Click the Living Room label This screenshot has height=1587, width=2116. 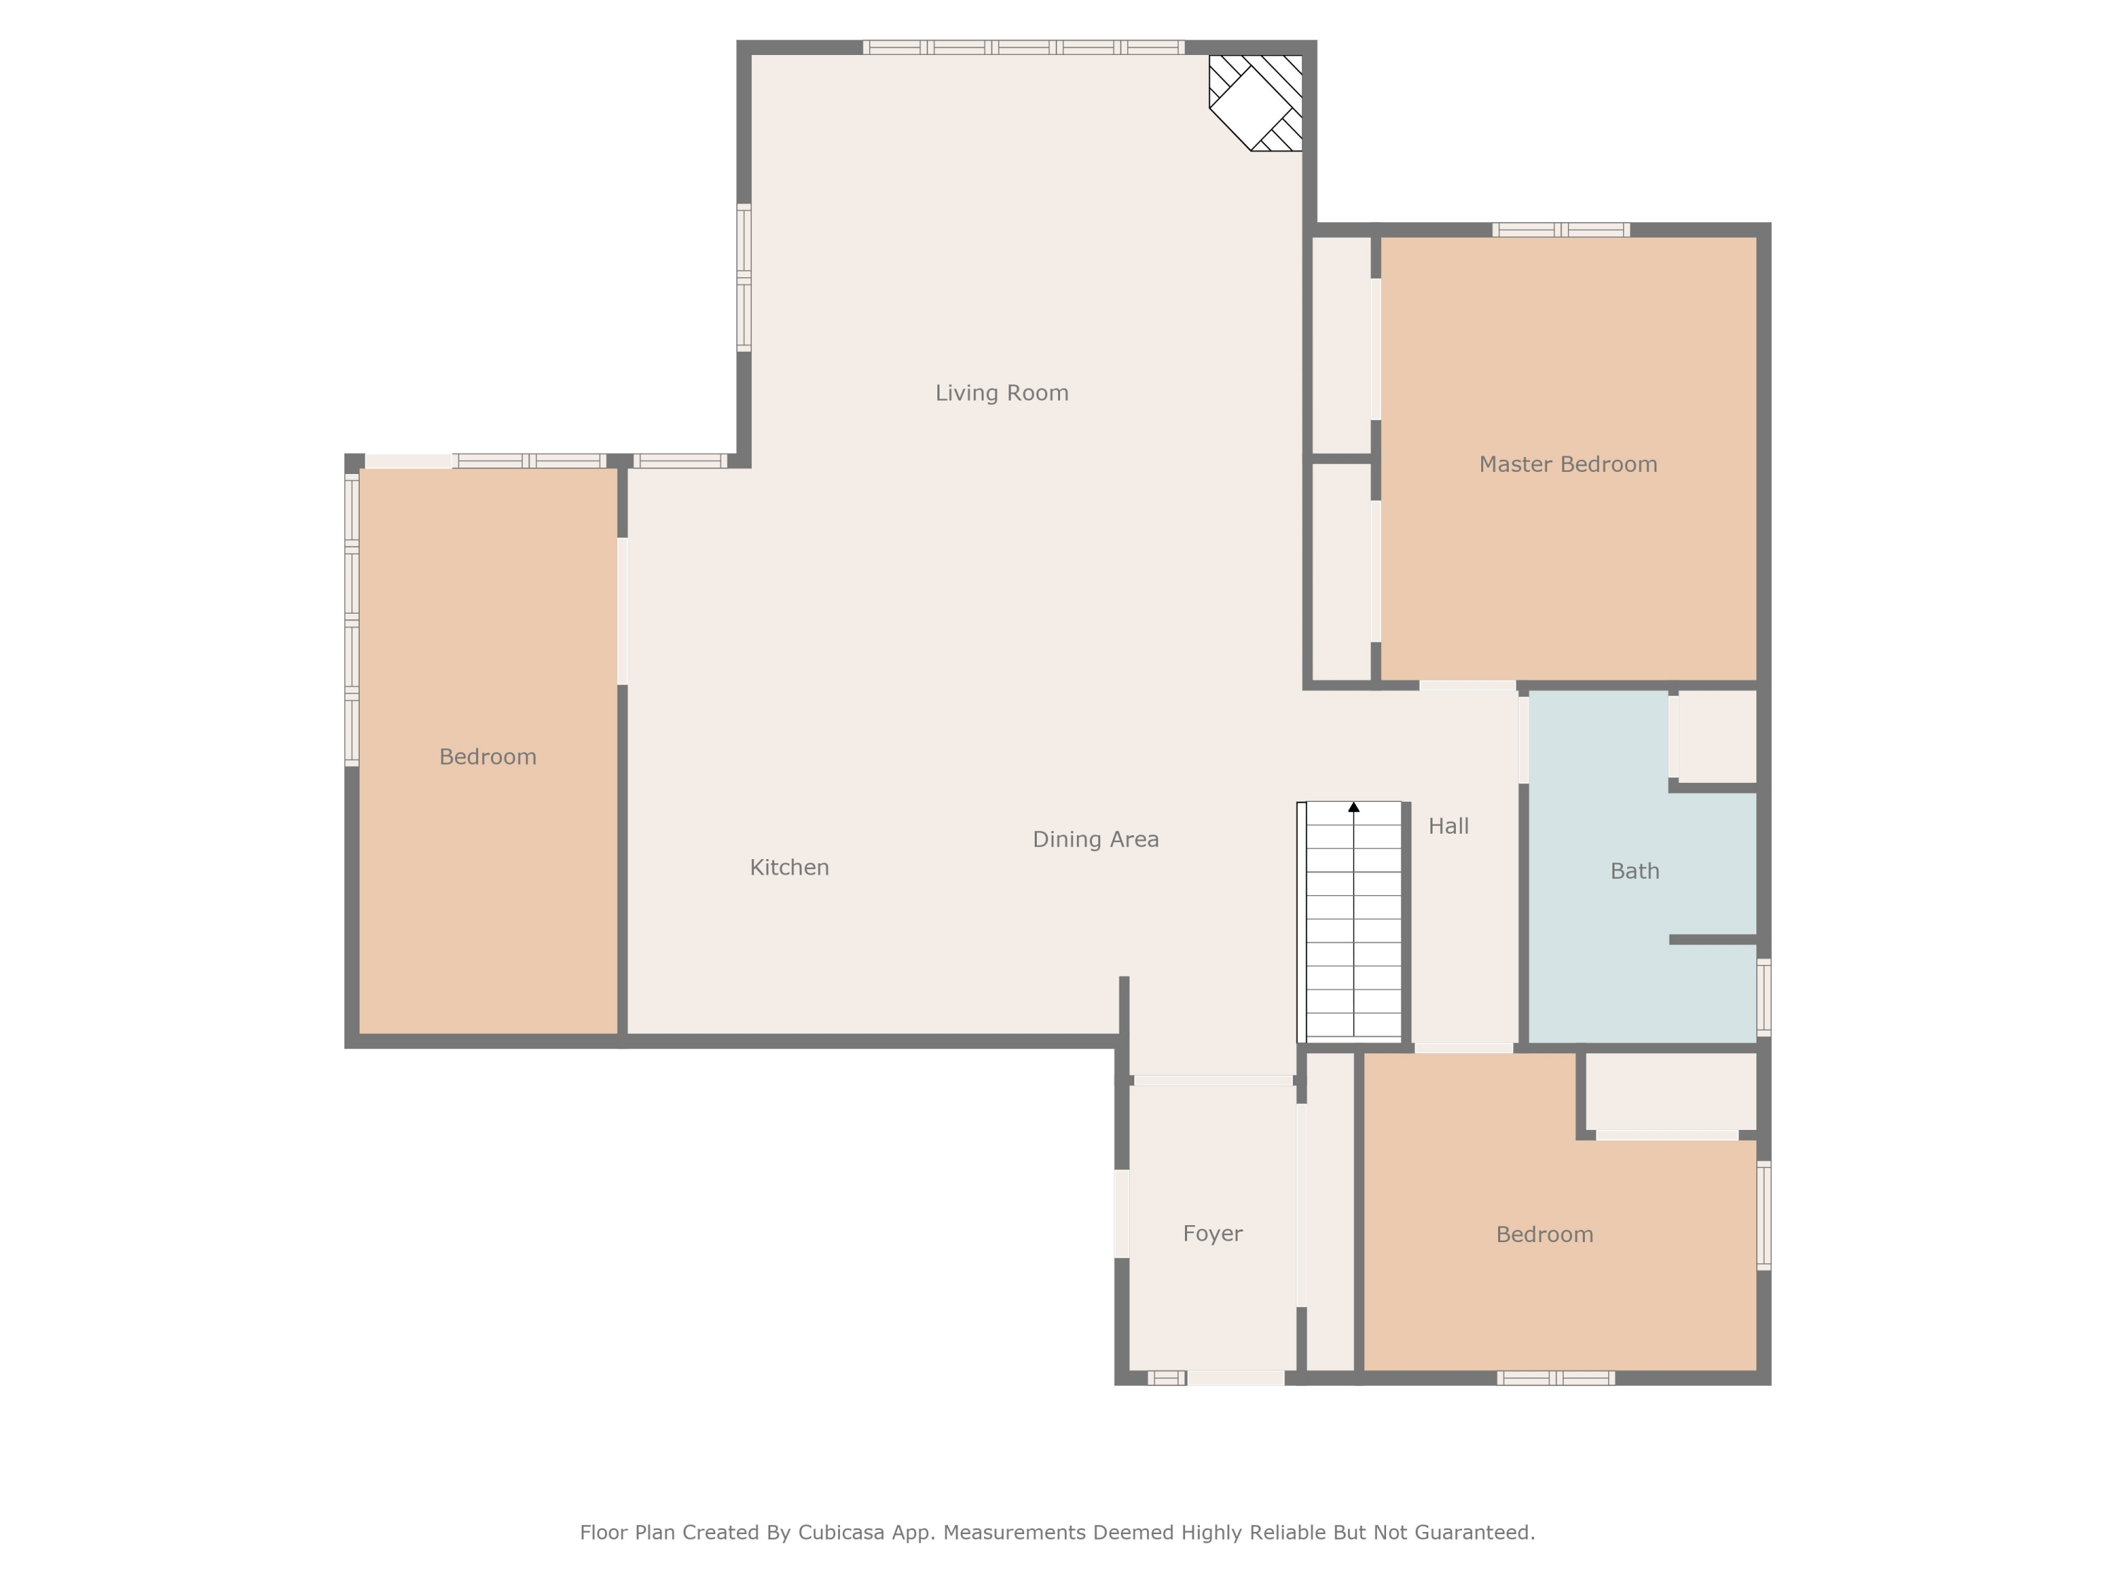[1002, 393]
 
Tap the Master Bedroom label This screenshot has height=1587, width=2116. [1568, 465]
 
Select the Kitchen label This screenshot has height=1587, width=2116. [789, 868]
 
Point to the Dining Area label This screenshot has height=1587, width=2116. [1095, 840]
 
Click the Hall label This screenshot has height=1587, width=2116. [1448, 827]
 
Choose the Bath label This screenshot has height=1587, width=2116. [1635, 872]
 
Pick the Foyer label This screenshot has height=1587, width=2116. [1212, 1234]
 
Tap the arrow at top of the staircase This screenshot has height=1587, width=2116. [1354, 808]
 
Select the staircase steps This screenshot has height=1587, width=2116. [1354, 928]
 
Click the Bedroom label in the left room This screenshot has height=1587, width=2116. [488, 758]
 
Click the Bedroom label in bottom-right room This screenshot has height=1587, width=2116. [1545, 1235]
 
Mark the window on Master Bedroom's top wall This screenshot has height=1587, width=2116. [1560, 229]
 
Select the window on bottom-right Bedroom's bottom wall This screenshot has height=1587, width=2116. [1555, 1378]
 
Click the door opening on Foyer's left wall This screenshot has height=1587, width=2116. [1121, 1213]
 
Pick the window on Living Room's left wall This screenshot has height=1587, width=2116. [743, 277]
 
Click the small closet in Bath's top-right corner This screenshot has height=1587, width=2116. [1717, 736]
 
